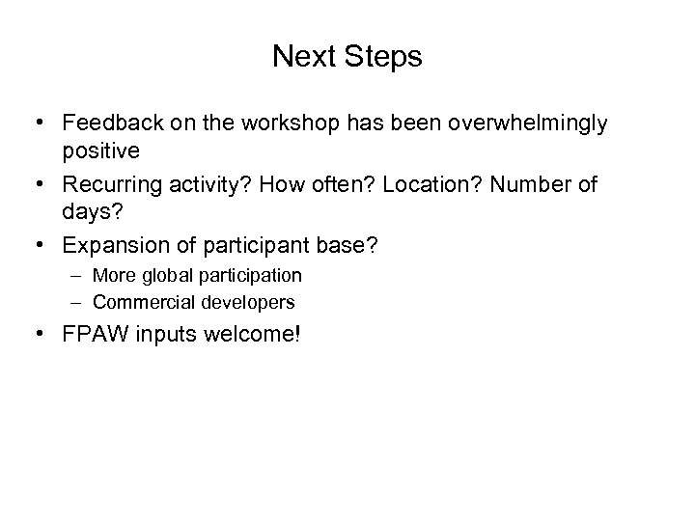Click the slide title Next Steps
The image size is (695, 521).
coord(347,57)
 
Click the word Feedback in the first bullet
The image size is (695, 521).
coord(105,124)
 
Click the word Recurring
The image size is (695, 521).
coord(107,185)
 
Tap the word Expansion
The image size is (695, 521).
coord(108,246)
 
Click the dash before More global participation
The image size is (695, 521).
coord(76,276)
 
